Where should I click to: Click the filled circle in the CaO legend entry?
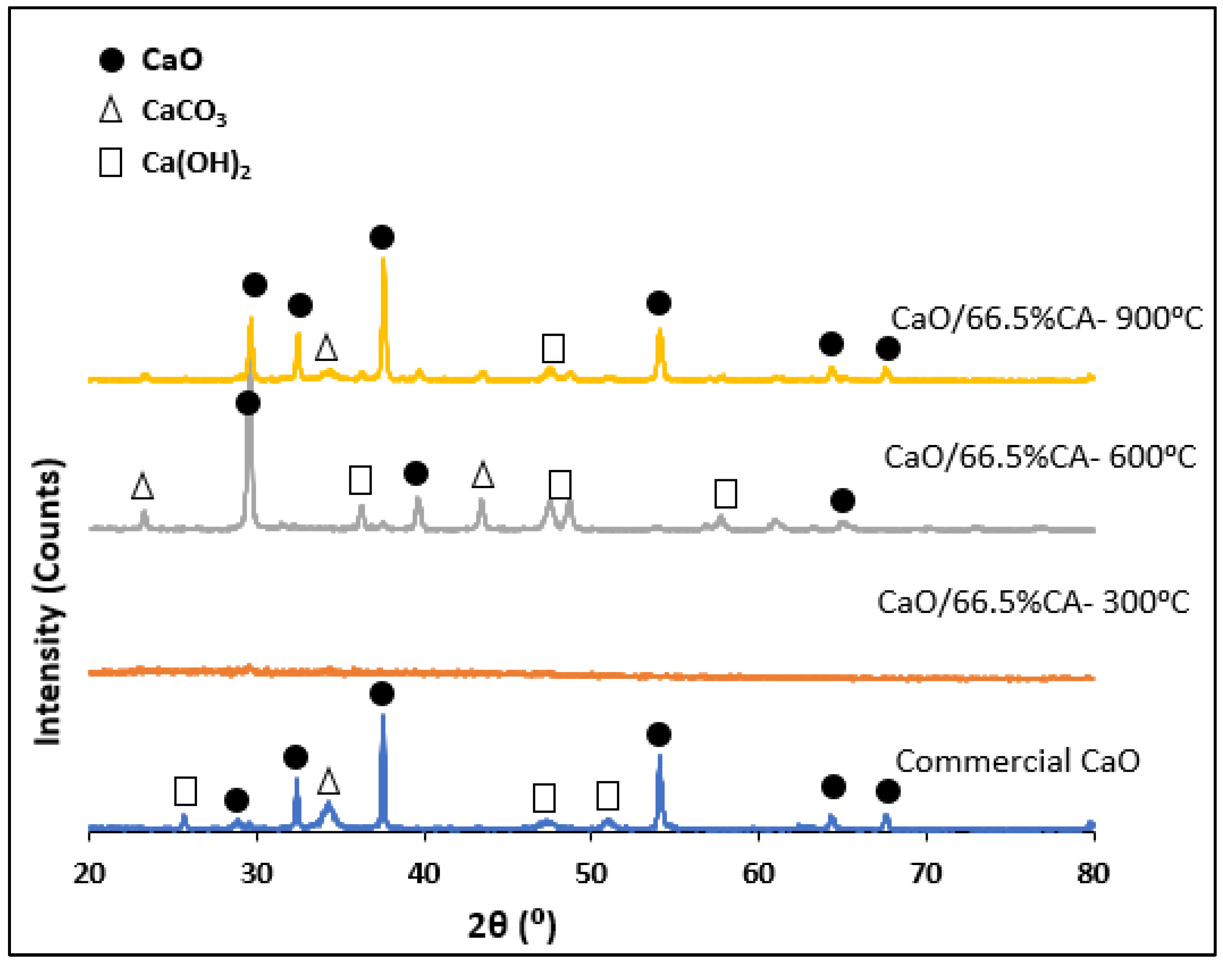tap(111, 60)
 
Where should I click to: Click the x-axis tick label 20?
tap(89, 874)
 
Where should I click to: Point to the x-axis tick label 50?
tap(591, 874)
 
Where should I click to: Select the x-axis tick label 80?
tap(1093, 874)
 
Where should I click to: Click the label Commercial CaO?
tap(1017, 761)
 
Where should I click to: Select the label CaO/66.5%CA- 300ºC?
tap(1033, 602)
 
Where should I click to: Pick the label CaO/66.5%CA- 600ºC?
tap(1040, 457)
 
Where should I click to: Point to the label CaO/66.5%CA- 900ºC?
tap(1047, 319)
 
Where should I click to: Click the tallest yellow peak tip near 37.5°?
tap(383, 259)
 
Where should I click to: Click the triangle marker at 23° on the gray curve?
tap(142, 486)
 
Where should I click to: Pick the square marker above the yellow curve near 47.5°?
tap(553, 348)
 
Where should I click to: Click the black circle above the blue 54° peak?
tap(659, 735)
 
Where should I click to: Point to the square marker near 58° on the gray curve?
tap(725, 494)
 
